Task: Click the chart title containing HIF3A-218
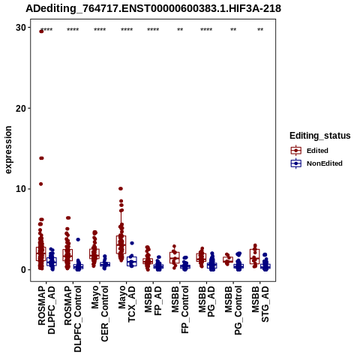click(153, 8)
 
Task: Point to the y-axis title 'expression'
click(8, 150)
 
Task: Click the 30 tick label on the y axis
click(21, 28)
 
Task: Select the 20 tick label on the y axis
click(21, 108)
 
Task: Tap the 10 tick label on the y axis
click(21, 189)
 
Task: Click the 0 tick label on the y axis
click(24, 270)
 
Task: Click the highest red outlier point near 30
click(41, 31)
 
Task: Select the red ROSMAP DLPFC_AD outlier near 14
click(41, 158)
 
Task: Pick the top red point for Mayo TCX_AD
click(121, 188)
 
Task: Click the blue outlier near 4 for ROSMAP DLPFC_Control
click(78, 239)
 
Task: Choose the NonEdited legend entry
click(316, 163)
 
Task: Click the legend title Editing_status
click(320, 136)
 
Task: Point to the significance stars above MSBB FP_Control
click(180, 30)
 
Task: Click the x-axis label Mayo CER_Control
click(100, 313)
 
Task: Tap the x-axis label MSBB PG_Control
click(233, 310)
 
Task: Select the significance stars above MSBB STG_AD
click(260, 30)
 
